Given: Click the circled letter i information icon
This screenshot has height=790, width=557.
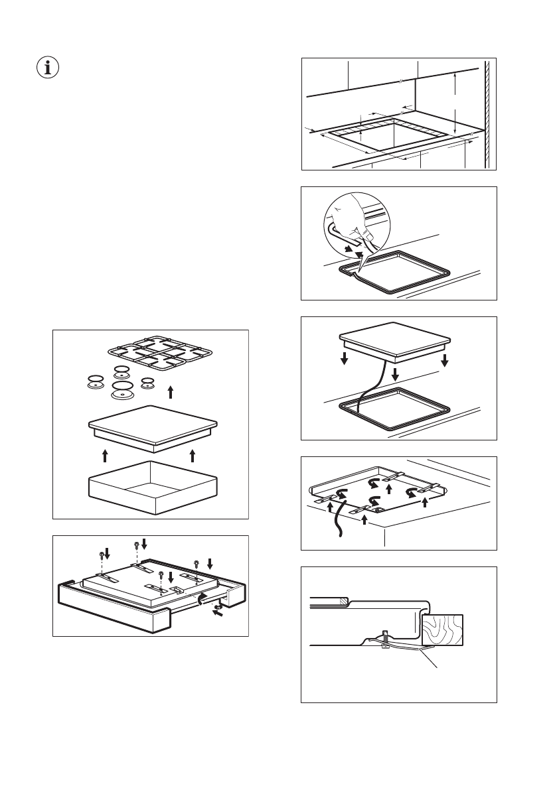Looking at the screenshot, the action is [46, 68].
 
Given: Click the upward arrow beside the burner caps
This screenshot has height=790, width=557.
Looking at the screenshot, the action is [171, 391].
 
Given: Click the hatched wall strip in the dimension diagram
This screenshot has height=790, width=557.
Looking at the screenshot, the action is [488, 113].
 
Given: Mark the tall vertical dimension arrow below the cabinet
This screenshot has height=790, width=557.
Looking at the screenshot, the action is [454, 103].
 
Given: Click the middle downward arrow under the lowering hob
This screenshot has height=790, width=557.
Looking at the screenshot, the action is [396, 375].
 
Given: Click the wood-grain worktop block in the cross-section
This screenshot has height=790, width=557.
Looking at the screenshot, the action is [442, 629].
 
